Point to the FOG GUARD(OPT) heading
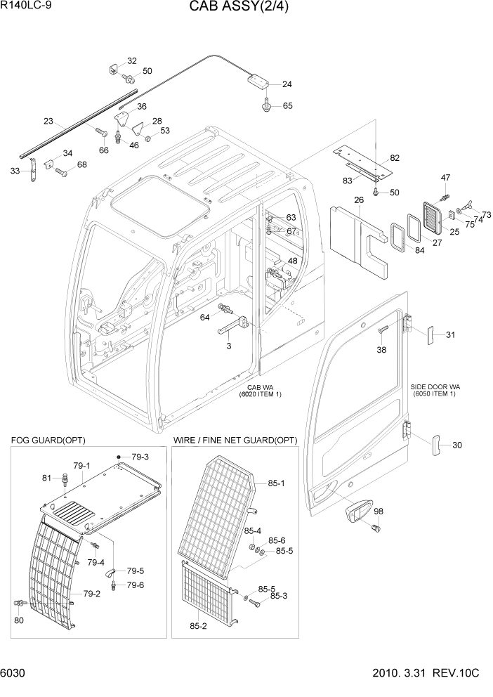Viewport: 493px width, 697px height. (x=48, y=440)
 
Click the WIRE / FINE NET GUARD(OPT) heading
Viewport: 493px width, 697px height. (x=235, y=440)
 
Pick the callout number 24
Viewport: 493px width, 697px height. (x=287, y=84)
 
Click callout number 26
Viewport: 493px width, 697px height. (x=359, y=200)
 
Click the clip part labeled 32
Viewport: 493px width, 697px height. (x=113, y=67)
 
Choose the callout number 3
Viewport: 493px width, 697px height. (x=228, y=346)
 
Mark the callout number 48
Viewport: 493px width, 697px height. (x=292, y=261)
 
